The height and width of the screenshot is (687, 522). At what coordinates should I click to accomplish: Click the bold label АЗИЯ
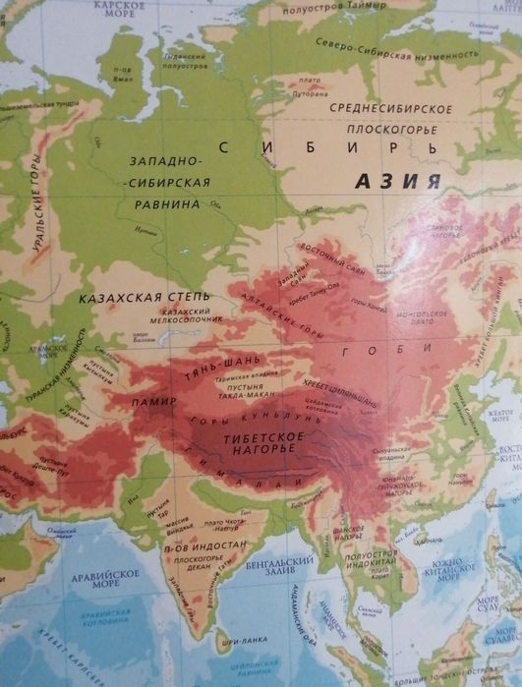click(397, 181)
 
